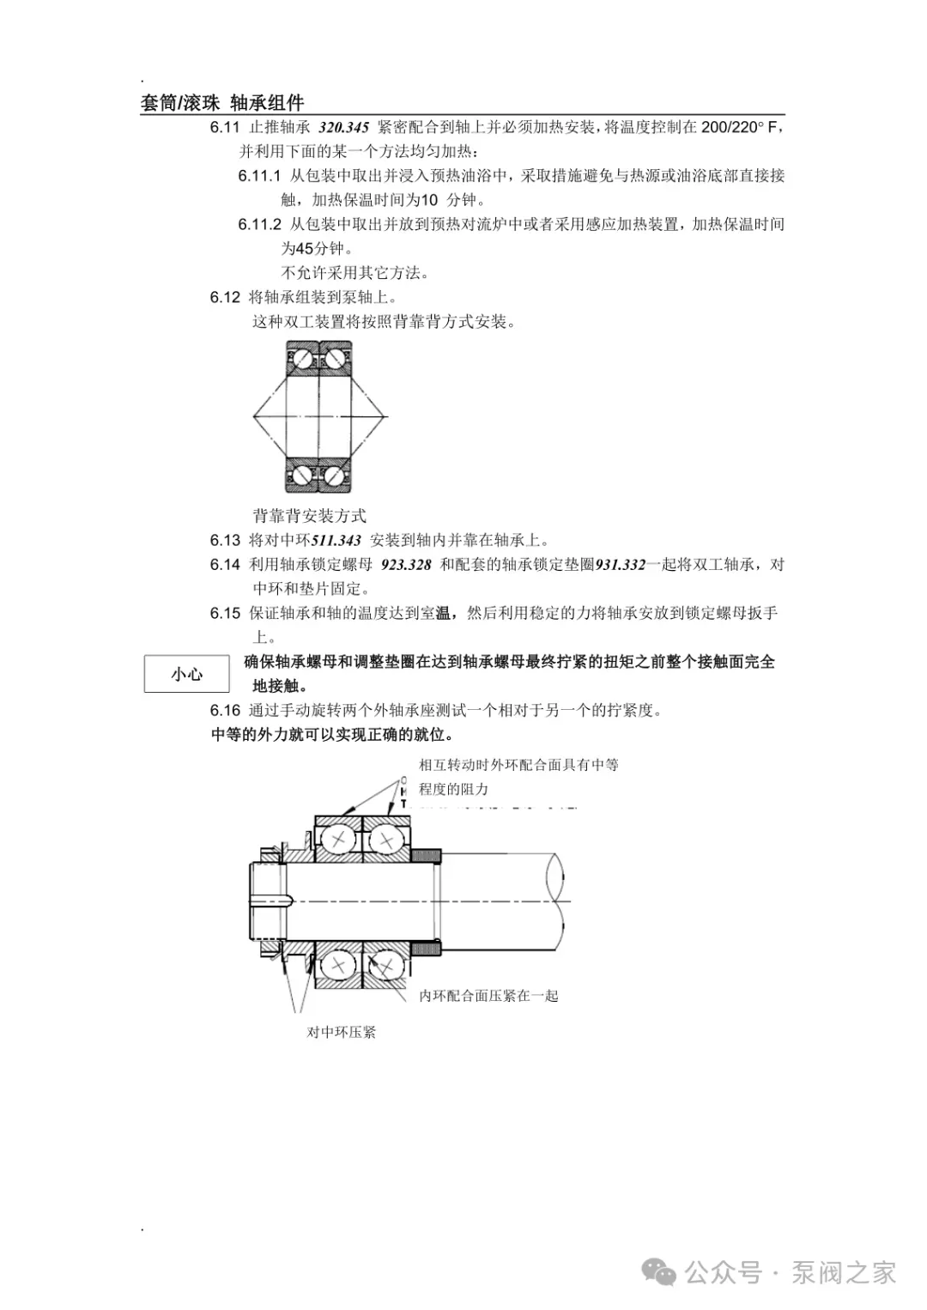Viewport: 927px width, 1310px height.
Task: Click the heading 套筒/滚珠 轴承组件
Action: point(222,103)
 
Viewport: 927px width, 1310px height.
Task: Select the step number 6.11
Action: point(225,128)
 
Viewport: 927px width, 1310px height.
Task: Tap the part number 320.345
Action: point(343,128)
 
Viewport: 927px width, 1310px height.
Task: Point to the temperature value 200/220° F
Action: point(739,128)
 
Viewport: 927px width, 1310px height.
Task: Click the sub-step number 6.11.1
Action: point(259,176)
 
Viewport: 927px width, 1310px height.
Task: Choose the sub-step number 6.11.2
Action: point(259,225)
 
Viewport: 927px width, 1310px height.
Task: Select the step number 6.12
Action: point(225,298)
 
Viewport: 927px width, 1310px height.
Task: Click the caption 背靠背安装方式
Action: point(309,516)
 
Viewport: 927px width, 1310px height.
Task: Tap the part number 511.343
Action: point(336,541)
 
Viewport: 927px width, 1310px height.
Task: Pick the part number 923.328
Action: point(406,565)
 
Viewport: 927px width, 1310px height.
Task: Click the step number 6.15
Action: point(225,614)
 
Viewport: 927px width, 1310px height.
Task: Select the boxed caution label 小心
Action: point(187,674)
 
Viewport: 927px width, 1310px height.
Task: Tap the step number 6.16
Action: point(225,711)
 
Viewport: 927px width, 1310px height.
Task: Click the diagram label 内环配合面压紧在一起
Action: point(488,996)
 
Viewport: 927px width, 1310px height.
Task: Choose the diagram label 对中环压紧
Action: point(342,1032)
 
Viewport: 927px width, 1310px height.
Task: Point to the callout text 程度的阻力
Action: point(453,789)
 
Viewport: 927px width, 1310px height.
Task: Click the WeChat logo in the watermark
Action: point(660,1272)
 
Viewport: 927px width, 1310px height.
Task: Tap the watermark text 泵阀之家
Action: point(844,1272)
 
